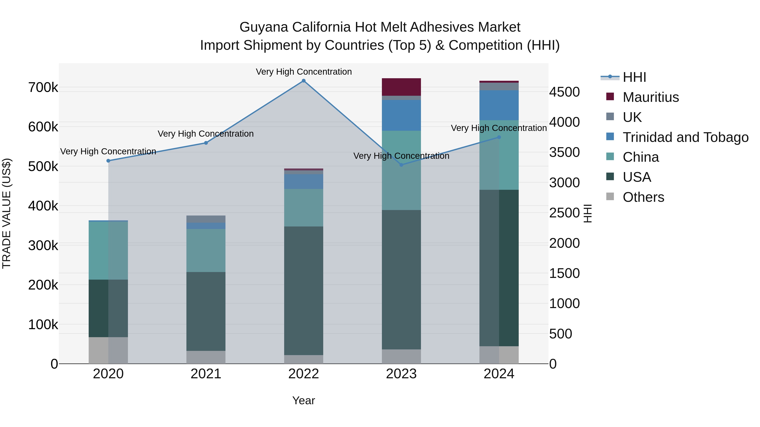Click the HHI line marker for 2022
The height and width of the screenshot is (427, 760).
(x=304, y=81)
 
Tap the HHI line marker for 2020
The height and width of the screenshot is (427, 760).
(x=108, y=161)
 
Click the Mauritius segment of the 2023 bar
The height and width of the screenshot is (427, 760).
(x=401, y=87)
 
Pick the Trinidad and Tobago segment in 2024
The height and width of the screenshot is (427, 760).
(x=499, y=105)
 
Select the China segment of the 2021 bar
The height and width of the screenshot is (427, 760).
(x=206, y=251)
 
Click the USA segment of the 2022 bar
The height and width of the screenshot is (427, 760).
(x=304, y=291)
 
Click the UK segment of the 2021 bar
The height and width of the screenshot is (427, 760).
(x=206, y=219)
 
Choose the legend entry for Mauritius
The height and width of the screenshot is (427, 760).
(x=651, y=97)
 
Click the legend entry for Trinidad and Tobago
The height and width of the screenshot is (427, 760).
(x=685, y=137)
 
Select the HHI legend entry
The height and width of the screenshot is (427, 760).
(x=634, y=77)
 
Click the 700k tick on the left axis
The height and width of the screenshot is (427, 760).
(x=43, y=88)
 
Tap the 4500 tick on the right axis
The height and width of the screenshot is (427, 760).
(x=564, y=92)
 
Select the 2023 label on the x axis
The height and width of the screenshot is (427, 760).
(x=401, y=374)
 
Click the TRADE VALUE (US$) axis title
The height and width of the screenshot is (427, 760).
(x=7, y=213)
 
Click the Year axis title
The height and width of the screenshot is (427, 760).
(x=304, y=400)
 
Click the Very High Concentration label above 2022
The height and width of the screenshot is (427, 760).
(x=304, y=72)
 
